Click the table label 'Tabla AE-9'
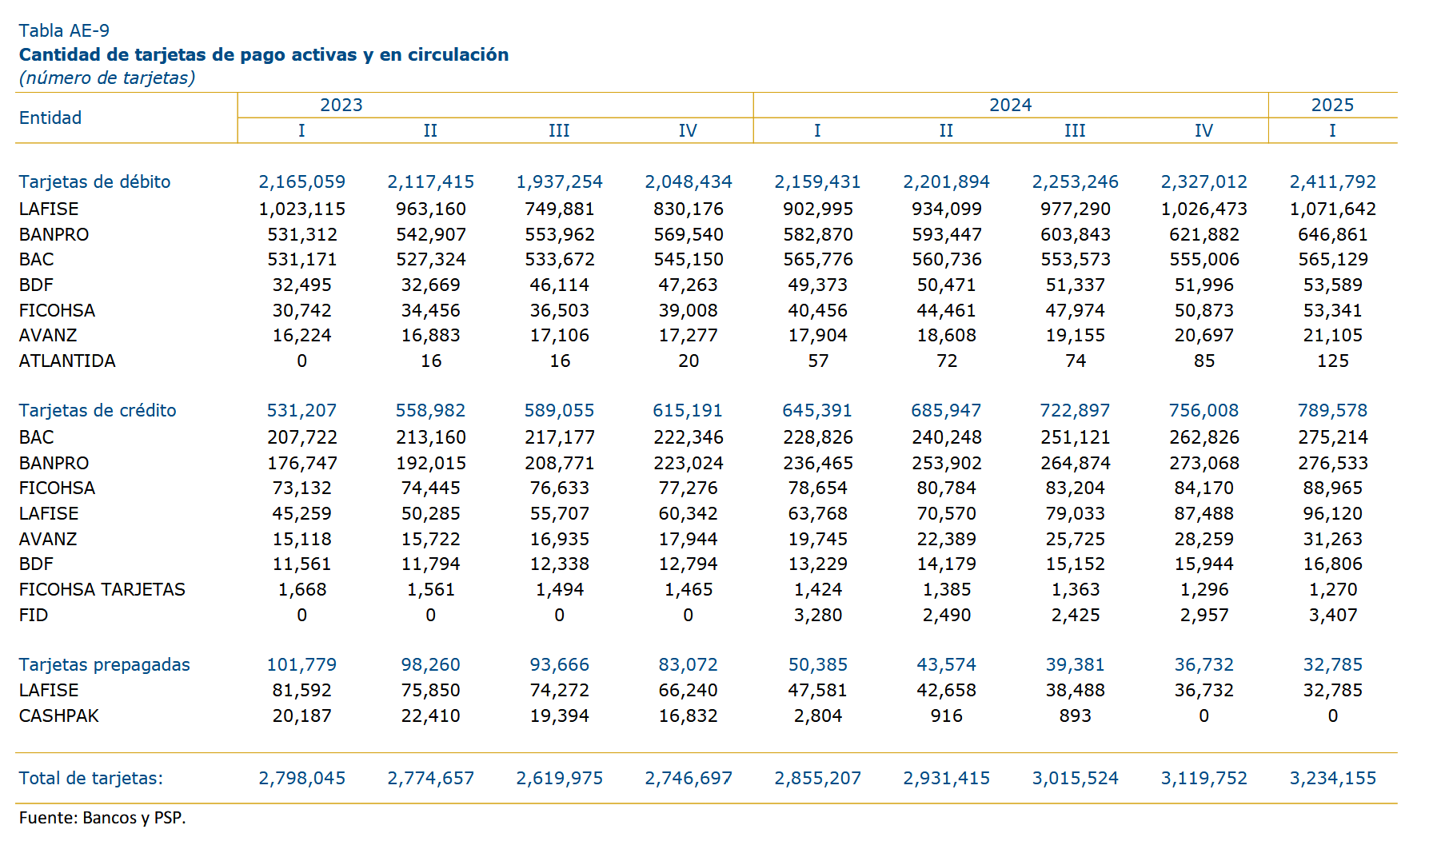pos(64,30)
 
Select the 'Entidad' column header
pos(50,118)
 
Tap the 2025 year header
pos(1332,105)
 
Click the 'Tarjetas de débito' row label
pos(95,181)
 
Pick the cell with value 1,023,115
pos(302,209)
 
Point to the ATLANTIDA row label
pos(67,361)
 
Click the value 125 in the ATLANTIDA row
pos(1332,361)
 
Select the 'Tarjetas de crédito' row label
pos(98,410)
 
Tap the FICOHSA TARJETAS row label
pos(102,589)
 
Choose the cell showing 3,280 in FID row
pos(817,615)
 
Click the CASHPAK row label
pos(59,716)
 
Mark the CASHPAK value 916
pos(946,716)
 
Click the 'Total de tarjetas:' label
pos(91,778)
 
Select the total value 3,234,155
pos(1332,778)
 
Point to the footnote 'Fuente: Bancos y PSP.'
pos(102,818)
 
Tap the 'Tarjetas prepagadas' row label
pos(105,664)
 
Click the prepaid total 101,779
pos(301,664)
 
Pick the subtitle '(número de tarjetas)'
pos(107,78)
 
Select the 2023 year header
pos(341,105)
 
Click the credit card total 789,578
pos(1332,410)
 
